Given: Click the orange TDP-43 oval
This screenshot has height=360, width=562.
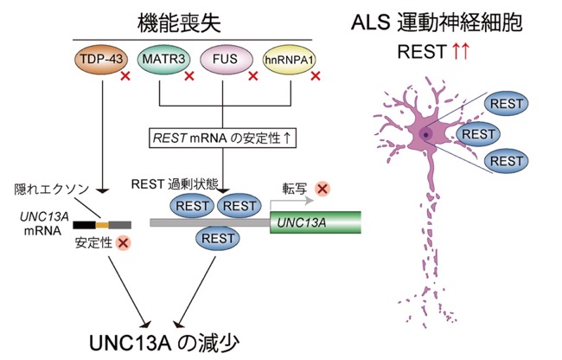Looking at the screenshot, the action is coord(101,59).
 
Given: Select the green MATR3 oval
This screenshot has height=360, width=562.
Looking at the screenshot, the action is coord(163,59).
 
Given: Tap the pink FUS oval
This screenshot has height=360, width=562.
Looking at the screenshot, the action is coord(227,59).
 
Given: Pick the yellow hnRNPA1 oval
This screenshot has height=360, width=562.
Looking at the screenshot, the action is coord(289,59).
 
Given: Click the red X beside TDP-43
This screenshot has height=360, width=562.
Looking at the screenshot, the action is coord(125,76).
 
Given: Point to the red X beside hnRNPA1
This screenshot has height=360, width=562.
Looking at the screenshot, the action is coord(316,76).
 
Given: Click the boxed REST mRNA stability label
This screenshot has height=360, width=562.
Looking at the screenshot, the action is coord(222,138).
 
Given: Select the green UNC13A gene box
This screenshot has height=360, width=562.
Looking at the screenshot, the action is coord(316,222).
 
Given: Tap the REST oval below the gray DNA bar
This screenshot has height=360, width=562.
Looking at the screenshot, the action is coord(218,239).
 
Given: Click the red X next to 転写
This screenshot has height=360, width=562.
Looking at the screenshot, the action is coord(323,189).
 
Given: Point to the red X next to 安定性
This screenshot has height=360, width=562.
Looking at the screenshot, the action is coord(123,243).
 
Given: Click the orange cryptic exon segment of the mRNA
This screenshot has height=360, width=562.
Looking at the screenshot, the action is coord(102,225).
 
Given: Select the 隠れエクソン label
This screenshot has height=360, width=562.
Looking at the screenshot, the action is coord(51,189).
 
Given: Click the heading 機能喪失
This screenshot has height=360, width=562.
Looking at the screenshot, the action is coord(179,23).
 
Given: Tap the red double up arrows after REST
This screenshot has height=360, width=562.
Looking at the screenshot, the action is coord(460,51).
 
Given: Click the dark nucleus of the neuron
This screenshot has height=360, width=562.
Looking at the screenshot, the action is coord(425,135).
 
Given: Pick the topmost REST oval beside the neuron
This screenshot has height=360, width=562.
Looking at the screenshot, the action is coord(506,104).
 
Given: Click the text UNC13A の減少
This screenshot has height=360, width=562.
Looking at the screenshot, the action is coord(164,344).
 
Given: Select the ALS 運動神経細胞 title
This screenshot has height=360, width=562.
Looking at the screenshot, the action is coord(437,22).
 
